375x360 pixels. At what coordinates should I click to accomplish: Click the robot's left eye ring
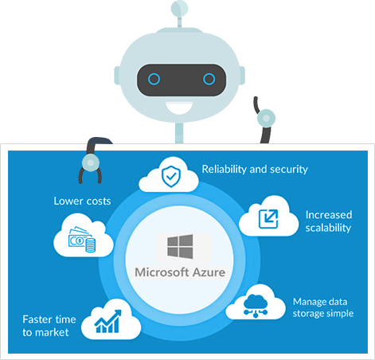[154, 79]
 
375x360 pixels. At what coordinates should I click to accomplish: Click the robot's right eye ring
[209, 79]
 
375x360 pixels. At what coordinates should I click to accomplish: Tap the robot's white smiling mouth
[182, 107]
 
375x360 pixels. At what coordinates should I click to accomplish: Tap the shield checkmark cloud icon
[169, 177]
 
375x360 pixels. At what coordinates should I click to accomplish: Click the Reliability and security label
[254, 169]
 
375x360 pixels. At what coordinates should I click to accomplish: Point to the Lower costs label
[82, 201]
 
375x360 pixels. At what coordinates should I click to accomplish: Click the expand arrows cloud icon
[268, 217]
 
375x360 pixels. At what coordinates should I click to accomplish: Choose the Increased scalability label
[328, 221]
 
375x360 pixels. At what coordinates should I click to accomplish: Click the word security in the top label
[287, 169]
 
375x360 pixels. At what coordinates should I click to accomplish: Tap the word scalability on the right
[328, 228]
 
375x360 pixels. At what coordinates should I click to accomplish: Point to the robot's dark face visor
[182, 79]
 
